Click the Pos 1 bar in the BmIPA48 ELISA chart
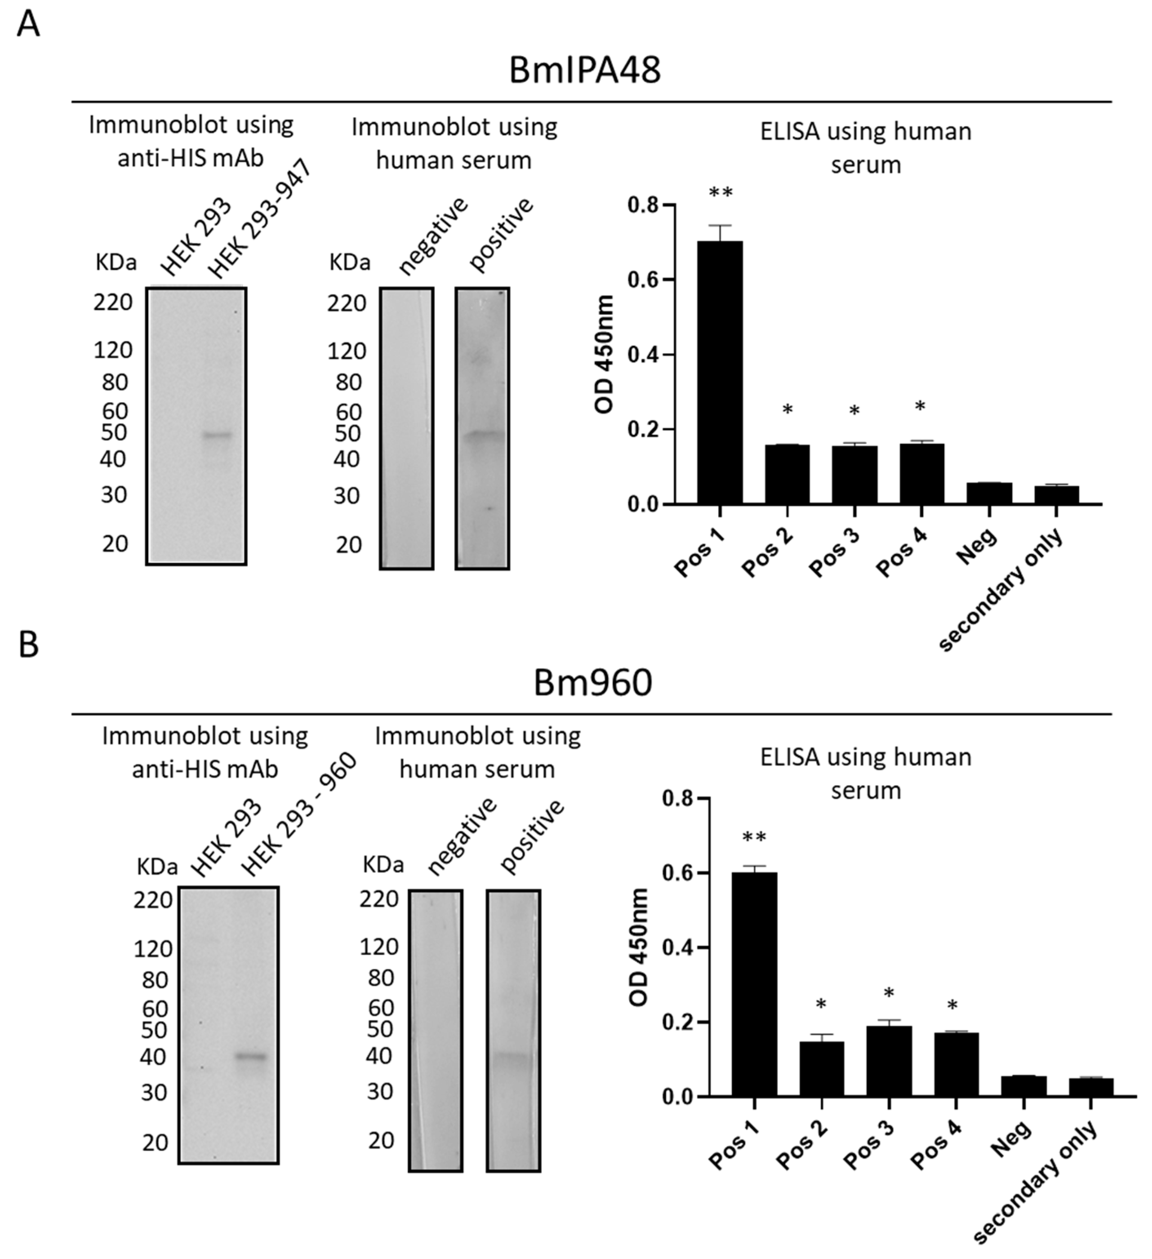pyautogui.click(x=720, y=372)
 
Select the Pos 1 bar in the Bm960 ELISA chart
pyautogui.click(x=754, y=984)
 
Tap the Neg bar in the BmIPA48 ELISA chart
pyautogui.click(x=989, y=494)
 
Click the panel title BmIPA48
pyautogui.click(x=585, y=70)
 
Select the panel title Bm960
pyautogui.click(x=593, y=683)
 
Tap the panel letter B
pyautogui.click(x=29, y=645)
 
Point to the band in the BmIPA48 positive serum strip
pyautogui.click(x=483, y=435)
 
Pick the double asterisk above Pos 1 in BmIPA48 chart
pyautogui.click(x=720, y=194)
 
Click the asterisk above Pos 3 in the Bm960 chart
pyautogui.click(x=889, y=994)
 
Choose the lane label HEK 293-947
pyautogui.click(x=259, y=220)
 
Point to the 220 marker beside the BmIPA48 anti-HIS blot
pyautogui.click(x=113, y=302)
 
